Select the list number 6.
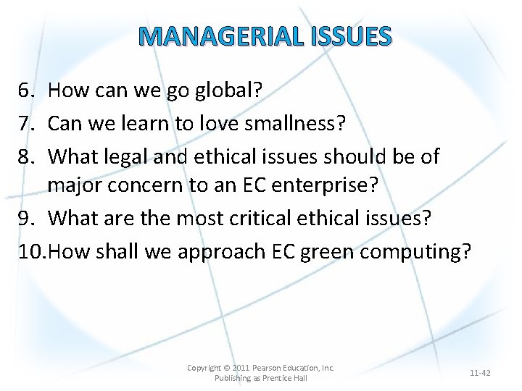[x=27, y=90]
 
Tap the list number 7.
[x=27, y=123]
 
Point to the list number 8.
[x=27, y=156]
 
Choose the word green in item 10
[x=331, y=251]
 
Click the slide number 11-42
[x=480, y=373]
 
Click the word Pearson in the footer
[x=273, y=368]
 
